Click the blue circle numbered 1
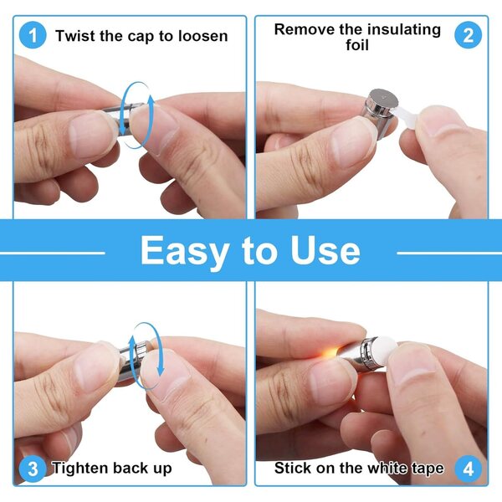(33, 35)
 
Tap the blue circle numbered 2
(468, 35)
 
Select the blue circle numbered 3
(33, 469)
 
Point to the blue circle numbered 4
(468, 469)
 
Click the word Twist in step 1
(75, 35)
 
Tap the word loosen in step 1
(203, 35)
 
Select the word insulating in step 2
(404, 30)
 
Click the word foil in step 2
(357, 45)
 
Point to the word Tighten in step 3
(80, 469)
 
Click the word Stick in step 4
(292, 468)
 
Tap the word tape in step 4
(428, 469)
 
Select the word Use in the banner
(325, 250)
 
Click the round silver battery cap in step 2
(383, 98)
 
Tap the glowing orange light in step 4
(330, 353)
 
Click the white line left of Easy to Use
(53, 254)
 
